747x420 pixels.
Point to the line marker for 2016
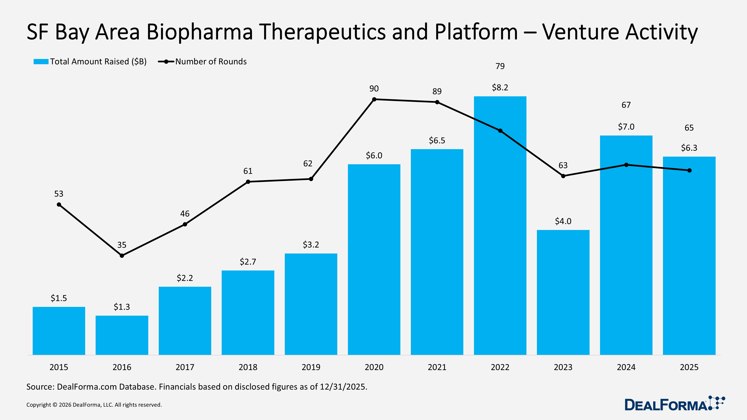point(122,256)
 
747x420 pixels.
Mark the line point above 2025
point(689,170)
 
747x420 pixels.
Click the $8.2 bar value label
point(500,88)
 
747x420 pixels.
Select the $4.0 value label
point(563,221)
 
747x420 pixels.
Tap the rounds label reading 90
point(374,89)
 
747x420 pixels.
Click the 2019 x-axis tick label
point(311,367)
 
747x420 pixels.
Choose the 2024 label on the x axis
point(626,367)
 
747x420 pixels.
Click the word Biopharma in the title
point(199,32)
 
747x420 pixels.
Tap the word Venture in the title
point(581,32)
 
